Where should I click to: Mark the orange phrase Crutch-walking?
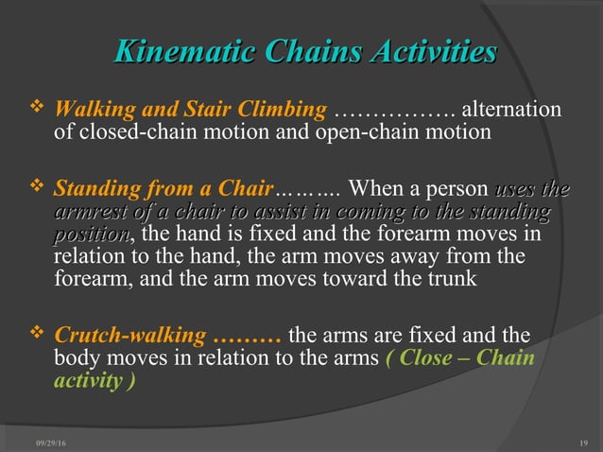pyautogui.click(x=129, y=336)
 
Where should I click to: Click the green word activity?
pyautogui.click(x=88, y=380)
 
